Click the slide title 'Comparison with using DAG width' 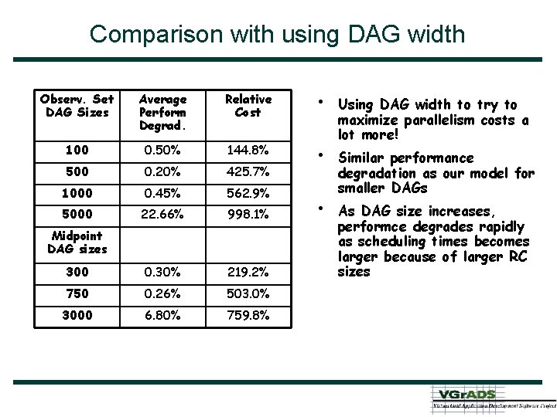[277, 34]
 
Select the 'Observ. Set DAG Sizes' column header [77, 106]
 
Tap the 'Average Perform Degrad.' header [162, 112]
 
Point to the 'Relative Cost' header [248, 106]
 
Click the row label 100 [77, 150]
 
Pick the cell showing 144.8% [248, 150]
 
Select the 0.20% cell [162, 171]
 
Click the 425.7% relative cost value [248, 171]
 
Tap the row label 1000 [77, 193]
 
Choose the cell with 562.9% [248, 193]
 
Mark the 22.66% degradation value [162, 215]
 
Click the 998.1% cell [248, 215]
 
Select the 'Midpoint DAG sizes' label [77, 242]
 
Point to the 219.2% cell [248, 272]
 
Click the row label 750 [77, 293]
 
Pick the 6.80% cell [162, 315]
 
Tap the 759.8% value [248, 315]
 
